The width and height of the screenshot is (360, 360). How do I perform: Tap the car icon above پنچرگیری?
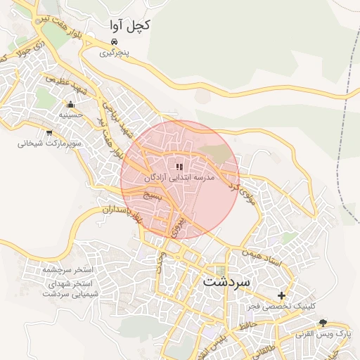click(105, 42)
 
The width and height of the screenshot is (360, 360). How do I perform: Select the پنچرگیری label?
click(112, 53)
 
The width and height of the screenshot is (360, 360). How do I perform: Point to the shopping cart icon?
click(49, 132)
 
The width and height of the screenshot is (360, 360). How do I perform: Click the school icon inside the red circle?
click(179, 167)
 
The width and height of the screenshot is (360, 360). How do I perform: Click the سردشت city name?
click(226, 282)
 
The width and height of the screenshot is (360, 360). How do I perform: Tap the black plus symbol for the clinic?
click(282, 295)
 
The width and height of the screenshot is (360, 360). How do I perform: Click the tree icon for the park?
click(323, 323)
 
